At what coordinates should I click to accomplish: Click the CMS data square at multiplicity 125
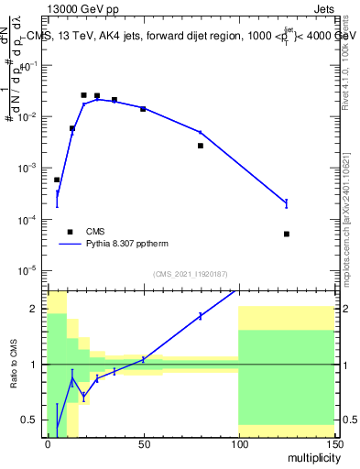click(x=287, y=234)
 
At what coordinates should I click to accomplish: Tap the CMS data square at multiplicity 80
click(x=201, y=146)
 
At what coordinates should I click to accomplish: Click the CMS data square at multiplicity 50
click(x=143, y=109)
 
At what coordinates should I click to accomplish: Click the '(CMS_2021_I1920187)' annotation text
click(x=190, y=275)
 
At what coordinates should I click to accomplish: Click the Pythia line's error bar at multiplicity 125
click(x=287, y=202)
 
